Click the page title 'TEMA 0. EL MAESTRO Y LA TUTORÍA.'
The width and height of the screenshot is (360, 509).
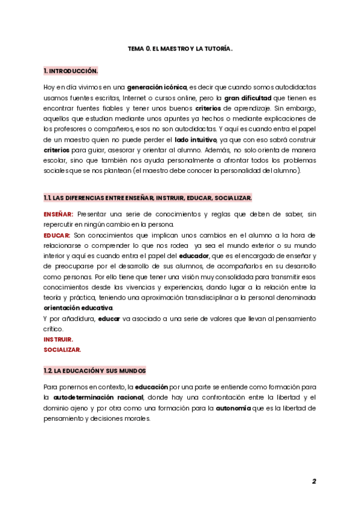180,48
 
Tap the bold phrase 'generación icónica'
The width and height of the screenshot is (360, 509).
157,88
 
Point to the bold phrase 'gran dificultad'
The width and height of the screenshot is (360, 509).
248,98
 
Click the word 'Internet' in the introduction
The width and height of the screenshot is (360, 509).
138,98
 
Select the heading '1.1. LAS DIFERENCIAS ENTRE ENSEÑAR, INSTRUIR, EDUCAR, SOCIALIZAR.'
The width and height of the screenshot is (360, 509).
148,198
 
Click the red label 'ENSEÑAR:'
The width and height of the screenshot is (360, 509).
58,214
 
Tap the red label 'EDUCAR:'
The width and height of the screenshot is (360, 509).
57,235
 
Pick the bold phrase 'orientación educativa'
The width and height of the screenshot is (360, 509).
78,308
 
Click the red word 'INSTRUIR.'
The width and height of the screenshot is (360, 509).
58,339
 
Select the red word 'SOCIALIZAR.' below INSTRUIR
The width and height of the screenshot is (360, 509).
62,349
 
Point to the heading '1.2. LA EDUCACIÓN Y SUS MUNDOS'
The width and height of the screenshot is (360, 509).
95,371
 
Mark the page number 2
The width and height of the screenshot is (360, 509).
314,481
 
